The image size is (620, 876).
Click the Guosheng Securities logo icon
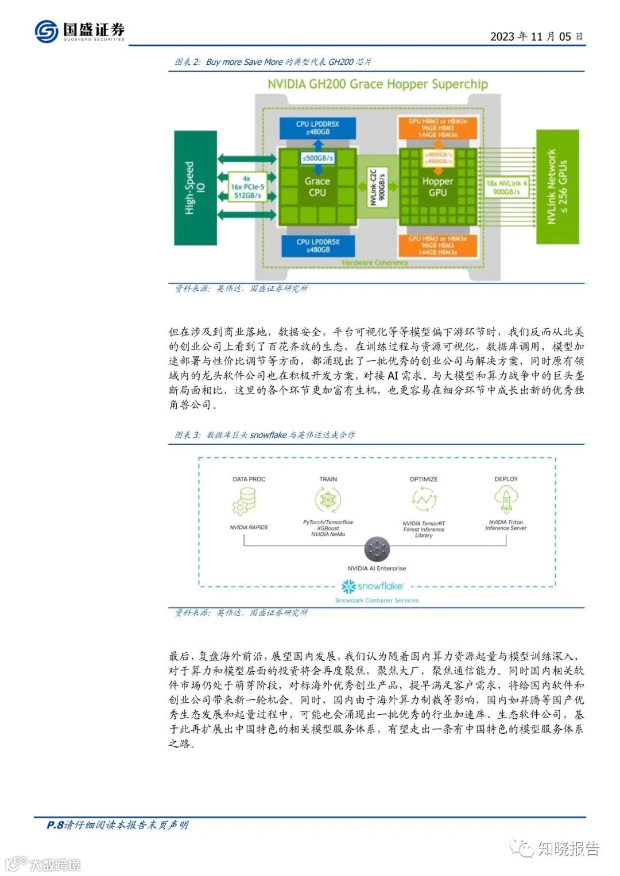[46, 31]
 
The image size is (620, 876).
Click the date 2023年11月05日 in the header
[536, 36]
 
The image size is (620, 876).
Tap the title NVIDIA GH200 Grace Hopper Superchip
[378, 84]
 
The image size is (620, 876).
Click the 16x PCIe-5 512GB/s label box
[247, 187]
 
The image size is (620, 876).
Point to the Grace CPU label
[317, 186]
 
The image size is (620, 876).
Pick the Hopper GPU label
[437, 186]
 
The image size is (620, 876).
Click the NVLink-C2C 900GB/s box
[377, 187]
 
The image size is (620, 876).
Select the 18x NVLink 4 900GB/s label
[506, 188]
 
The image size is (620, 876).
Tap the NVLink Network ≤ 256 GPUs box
[557, 187]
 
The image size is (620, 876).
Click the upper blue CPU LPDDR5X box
[317, 128]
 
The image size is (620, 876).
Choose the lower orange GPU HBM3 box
[437, 245]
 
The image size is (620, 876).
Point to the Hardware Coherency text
[375, 263]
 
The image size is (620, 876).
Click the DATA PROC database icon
[248, 501]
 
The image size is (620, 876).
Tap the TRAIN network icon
[328, 500]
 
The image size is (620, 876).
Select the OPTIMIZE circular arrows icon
[424, 500]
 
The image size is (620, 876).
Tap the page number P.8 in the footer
[55, 825]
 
